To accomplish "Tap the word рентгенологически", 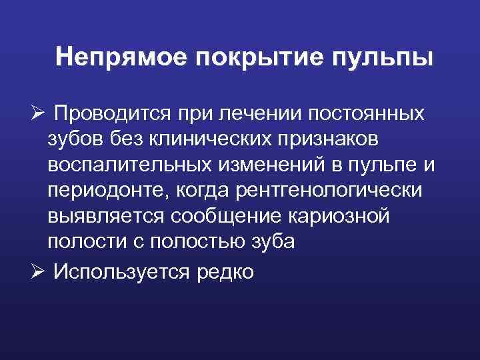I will (x=328, y=191).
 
